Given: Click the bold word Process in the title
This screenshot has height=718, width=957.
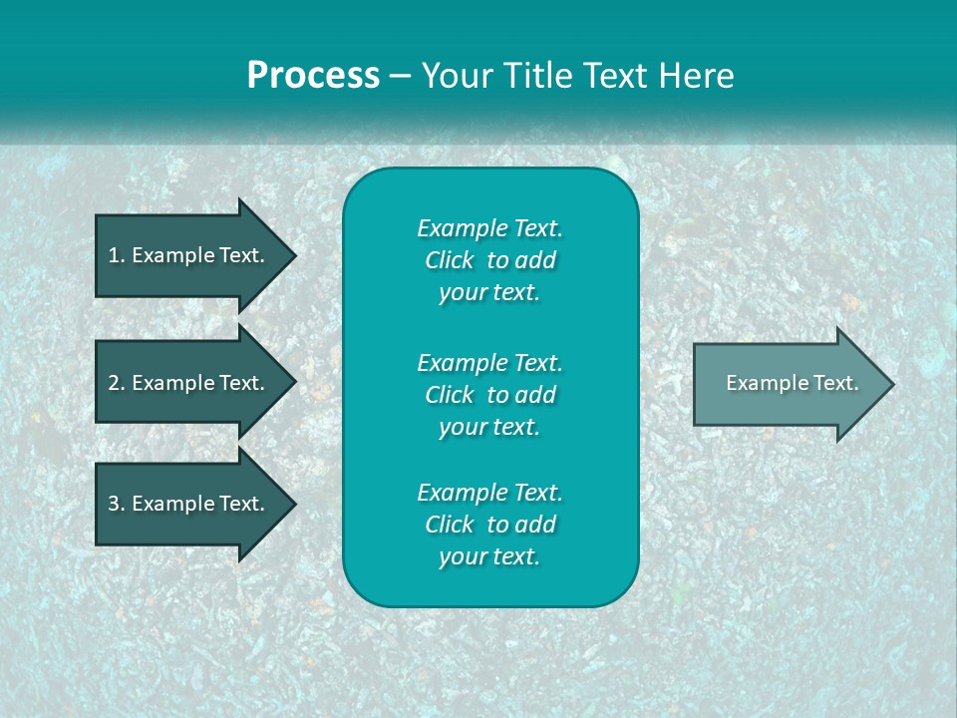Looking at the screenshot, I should pos(313,76).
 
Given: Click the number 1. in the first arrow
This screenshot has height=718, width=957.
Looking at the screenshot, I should pos(116,255).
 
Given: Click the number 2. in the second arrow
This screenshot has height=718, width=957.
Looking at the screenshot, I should pos(116,383).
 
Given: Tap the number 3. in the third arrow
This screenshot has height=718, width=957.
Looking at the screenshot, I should pos(116,504).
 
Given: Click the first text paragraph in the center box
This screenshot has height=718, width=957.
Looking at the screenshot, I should pos(489,260).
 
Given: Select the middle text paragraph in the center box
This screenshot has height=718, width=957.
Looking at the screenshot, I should pos(489,395).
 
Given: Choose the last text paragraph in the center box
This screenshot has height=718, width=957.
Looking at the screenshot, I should pos(489,525).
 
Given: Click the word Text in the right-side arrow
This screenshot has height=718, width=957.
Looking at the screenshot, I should pos(835,383).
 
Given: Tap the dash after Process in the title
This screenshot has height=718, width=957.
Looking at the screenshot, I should pos(400,76).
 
